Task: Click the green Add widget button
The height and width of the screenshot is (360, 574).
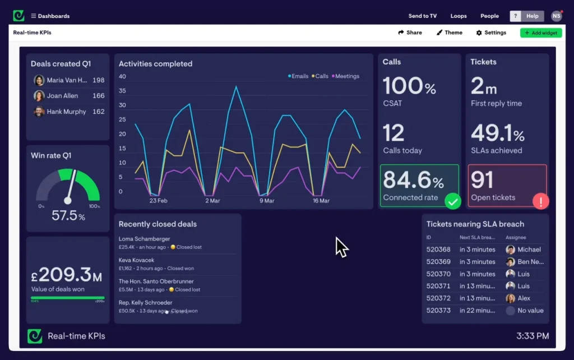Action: click(x=540, y=33)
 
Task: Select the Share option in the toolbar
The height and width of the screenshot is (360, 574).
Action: click(x=410, y=33)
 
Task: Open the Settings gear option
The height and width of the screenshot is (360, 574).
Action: click(x=491, y=33)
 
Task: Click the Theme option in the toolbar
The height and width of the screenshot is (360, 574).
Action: click(x=449, y=33)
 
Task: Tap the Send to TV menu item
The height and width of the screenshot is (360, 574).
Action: click(x=422, y=16)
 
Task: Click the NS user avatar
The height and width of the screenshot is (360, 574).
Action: click(x=556, y=16)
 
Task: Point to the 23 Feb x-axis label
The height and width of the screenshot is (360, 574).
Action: click(x=159, y=200)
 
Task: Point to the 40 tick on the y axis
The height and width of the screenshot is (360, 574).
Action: click(x=122, y=77)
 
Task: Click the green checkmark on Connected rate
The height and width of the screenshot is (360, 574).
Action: click(x=452, y=201)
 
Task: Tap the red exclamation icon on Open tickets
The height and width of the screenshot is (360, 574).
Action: click(x=540, y=201)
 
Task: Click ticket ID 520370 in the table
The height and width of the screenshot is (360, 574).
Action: click(x=438, y=274)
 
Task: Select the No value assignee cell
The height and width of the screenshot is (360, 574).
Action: click(x=530, y=311)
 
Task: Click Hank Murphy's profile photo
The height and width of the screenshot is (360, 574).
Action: click(x=39, y=112)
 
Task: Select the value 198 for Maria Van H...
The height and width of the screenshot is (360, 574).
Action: click(x=98, y=80)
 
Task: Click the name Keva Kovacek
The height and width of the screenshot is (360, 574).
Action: click(x=136, y=260)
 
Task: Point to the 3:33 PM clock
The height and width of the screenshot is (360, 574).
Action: click(x=532, y=336)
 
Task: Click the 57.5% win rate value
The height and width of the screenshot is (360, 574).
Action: click(x=68, y=216)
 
